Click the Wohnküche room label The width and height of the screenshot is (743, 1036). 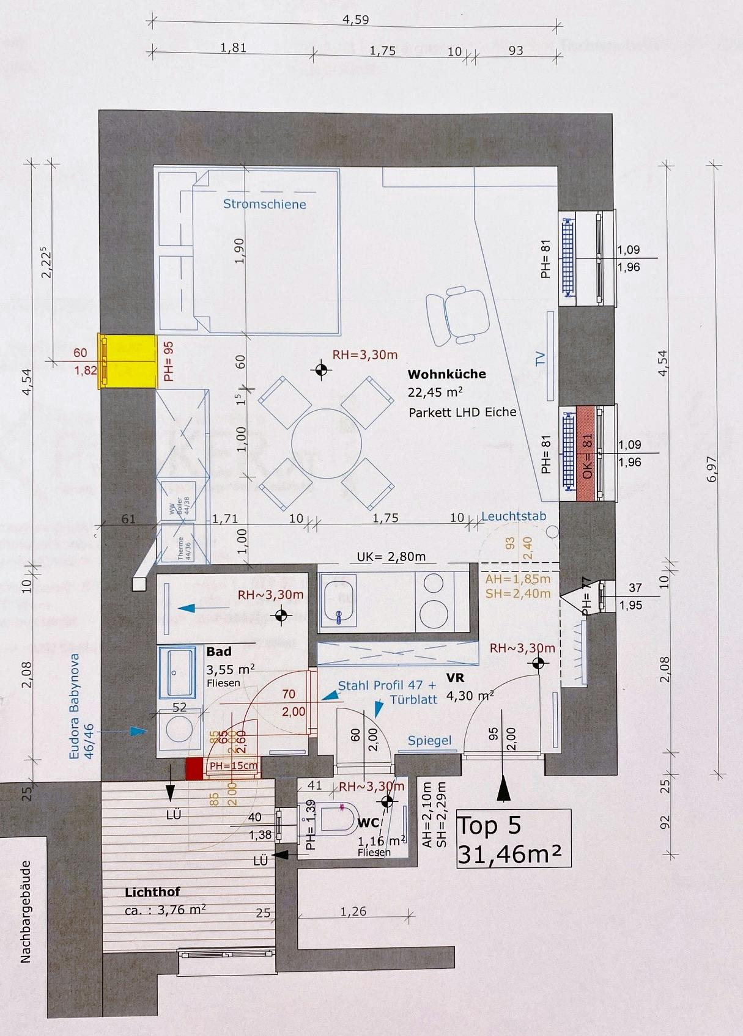pos(446,374)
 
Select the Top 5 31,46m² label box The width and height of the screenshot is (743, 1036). pos(514,839)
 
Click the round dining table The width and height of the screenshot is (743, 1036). pos(327,443)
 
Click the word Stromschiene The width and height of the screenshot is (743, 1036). pos(264,204)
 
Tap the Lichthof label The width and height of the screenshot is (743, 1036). pos(152,892)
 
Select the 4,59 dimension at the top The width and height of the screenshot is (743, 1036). pos(355,19)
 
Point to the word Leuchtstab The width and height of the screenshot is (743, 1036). pos(513,516)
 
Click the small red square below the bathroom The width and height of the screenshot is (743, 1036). pos(194,768)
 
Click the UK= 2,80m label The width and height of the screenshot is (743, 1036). pos(391,557)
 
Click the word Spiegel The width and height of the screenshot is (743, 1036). pos(429,741)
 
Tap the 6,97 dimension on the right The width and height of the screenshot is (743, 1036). pos(711,469)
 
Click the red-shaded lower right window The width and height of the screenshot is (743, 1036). pos(587,453)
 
